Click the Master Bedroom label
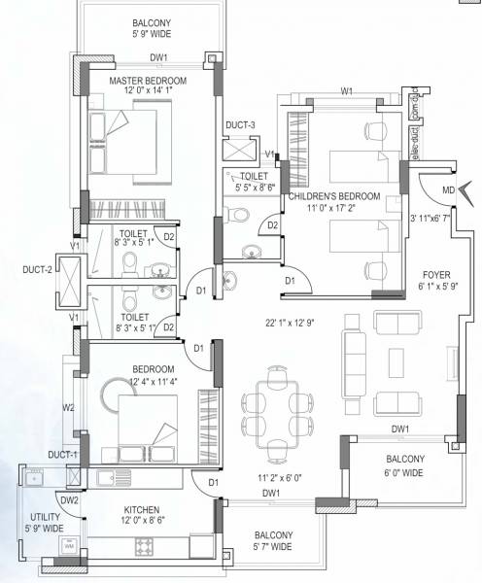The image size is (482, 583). pos(147,80)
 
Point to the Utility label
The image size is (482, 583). pos(45,515)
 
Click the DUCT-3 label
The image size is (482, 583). pos(239,125)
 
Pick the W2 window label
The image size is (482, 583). pos(67,408)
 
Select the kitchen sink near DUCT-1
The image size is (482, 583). pos(36,476)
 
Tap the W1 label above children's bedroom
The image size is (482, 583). pos(346,91)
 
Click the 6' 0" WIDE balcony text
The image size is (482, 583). pos(404,472)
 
